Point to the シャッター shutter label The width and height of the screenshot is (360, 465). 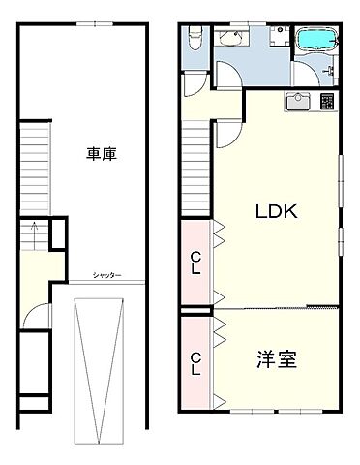[106, 276]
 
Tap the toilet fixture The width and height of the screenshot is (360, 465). [194, 39]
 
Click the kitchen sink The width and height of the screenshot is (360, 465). [295, 101]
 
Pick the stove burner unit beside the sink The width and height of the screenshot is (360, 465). [326, 101]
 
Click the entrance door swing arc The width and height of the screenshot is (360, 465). [39, 314]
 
